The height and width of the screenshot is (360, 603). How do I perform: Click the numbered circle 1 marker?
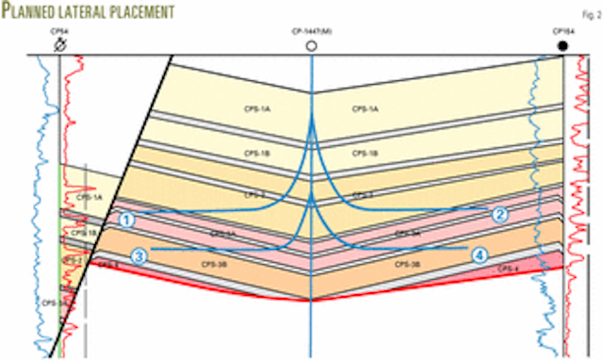coord(127,219)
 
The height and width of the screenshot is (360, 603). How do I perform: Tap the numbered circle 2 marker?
coord(500,214)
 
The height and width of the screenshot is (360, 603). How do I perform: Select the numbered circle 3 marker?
coord(139,254)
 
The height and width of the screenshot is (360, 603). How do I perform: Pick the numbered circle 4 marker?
coord(480,254)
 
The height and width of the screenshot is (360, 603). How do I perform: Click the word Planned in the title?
coord(37,11)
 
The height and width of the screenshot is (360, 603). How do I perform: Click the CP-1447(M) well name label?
coord(312,32)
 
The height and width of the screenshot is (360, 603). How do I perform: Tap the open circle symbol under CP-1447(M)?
coord(312,44)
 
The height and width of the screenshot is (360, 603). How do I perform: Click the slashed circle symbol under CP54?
coord(59,44)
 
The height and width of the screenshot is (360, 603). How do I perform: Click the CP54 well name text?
coord(58,32)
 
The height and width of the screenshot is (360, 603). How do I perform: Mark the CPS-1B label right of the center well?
coord(366,153)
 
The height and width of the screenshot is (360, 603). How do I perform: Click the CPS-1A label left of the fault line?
coord(90,198)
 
